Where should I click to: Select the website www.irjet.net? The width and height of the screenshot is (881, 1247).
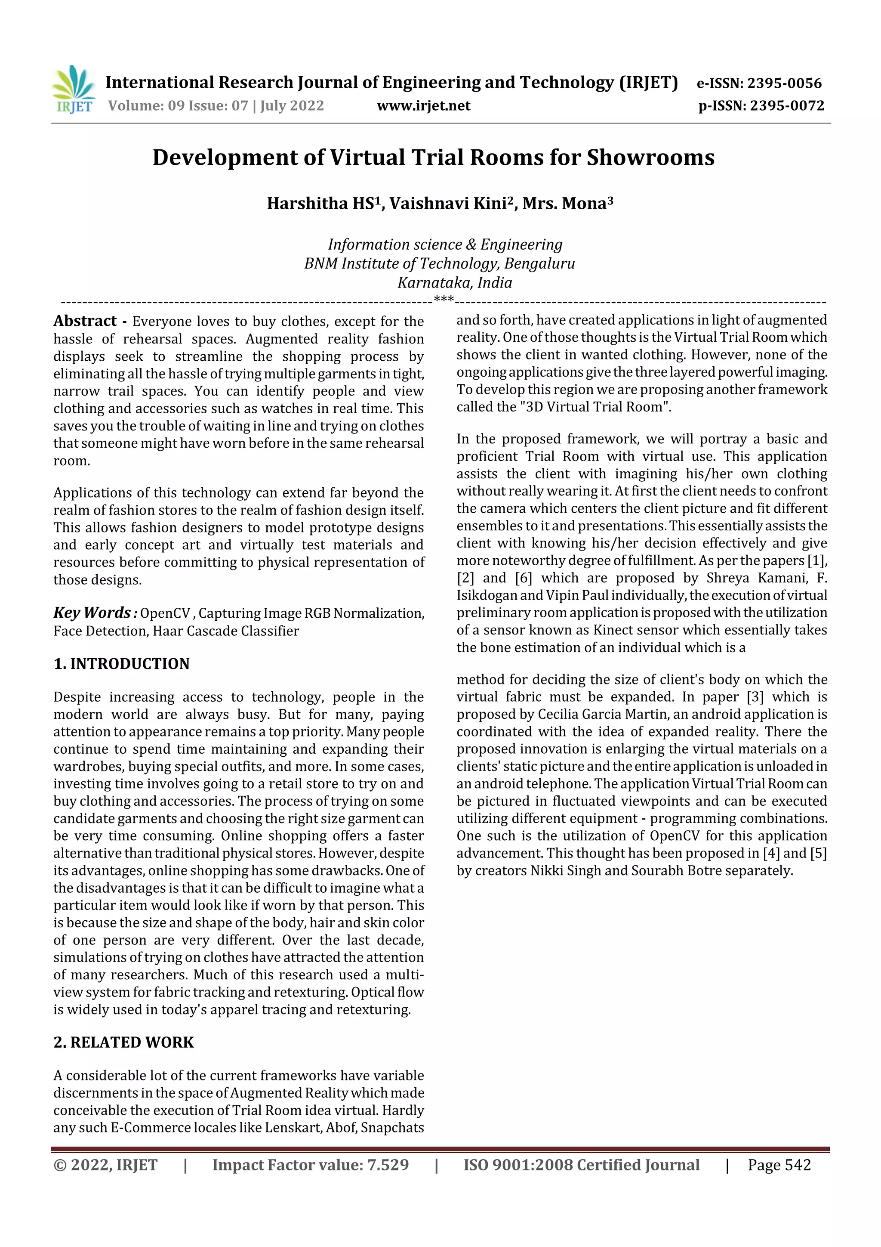[x=423, y=105]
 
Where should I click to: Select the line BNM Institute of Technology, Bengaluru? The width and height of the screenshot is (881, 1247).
[x=439, y=263]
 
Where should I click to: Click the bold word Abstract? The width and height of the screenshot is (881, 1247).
[x=85, y=321]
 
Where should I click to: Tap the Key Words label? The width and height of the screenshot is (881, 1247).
[x=92, y=613]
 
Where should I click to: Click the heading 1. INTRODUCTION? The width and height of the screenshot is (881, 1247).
[x=122, y=664]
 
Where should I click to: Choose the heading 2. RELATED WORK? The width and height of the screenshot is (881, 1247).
[x=124, y=1042]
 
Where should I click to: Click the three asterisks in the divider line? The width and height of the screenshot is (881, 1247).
[x=444, y=300]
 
